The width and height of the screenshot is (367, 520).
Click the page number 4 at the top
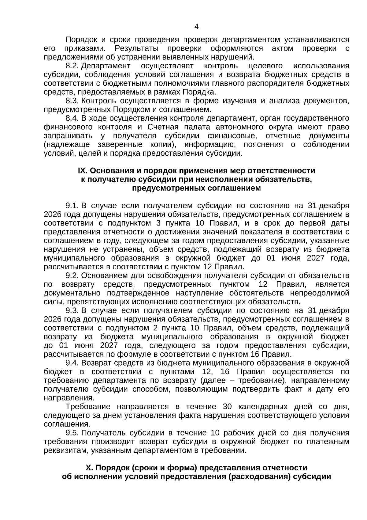tap(196, 27)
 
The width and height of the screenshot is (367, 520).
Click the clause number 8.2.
tap(72, 66)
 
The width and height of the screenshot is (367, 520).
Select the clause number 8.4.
tap(72, 118)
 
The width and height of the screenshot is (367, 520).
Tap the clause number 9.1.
tap(72, 206)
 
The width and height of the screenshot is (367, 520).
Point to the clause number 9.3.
tap(72, 310)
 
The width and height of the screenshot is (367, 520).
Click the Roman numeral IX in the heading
tap(82, 171)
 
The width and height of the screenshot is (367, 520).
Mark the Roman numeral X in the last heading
tap(89, 468)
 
